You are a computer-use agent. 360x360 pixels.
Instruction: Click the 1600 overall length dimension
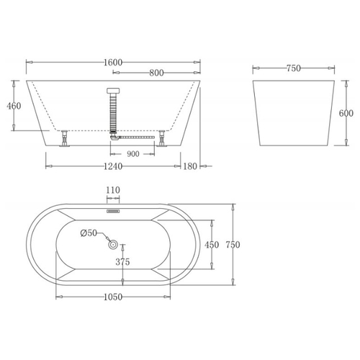point(113,63)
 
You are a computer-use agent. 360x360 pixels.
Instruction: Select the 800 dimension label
point(156,73)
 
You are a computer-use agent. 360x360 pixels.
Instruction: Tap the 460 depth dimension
point(14,106)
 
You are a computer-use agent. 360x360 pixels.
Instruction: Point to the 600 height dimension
point(346,113)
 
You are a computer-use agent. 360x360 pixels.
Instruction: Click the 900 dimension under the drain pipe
point(133,154)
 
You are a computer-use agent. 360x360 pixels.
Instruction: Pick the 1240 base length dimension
point(113,166)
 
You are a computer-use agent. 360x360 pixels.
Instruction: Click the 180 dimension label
point(190,166)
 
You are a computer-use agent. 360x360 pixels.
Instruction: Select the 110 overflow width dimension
point(113,190)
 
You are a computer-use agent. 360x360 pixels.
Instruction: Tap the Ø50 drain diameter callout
point(89,233)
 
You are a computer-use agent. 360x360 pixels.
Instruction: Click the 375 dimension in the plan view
point(122,262)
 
